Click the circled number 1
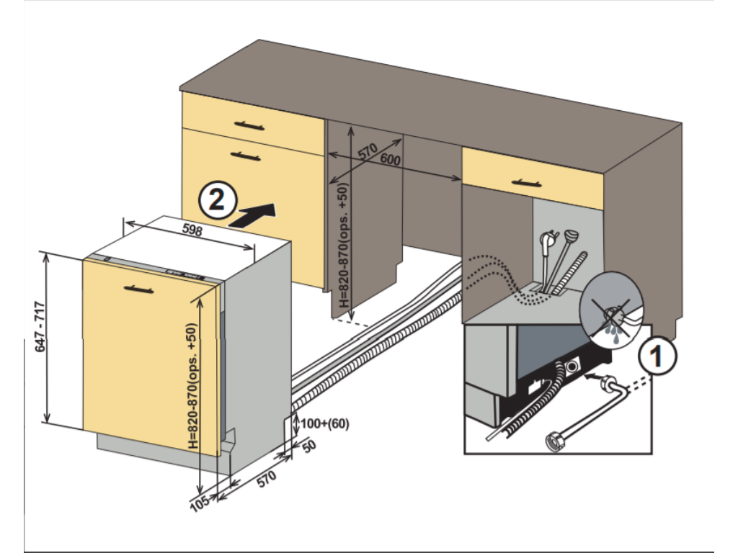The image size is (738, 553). (657, 356)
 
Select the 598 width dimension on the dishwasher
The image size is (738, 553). (191, 231)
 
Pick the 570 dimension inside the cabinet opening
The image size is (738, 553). (368, 152)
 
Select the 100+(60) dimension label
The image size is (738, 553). (325, 423)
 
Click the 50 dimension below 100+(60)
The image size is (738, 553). (309, 446)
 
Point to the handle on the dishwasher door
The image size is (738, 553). (138, 289)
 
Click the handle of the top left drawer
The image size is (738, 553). (249, 126)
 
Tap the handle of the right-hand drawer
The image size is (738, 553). (526, 183)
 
